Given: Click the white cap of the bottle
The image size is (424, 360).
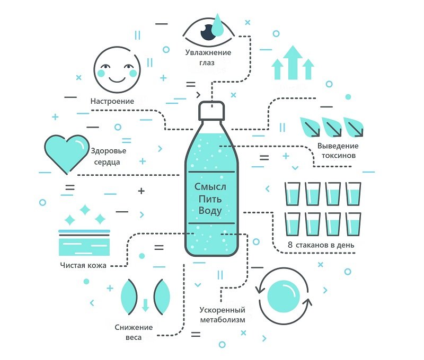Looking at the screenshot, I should click(212, 110).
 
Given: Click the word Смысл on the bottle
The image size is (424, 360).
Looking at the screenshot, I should click(210, 187).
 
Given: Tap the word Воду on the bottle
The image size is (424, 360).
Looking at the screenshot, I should click(210, 211).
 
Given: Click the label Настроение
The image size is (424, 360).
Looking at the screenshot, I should click(112, 101).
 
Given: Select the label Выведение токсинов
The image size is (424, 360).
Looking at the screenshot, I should click(338, 151).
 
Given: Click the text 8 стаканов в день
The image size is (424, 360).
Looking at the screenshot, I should click(321, 246).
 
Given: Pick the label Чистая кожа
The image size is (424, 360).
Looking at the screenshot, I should click(83, 265).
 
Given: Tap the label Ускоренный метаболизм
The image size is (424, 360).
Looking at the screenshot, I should click(223, 315).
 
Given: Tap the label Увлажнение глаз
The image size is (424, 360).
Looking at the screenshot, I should click(208, 57).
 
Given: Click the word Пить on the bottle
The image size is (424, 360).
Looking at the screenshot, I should click(210, 199).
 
